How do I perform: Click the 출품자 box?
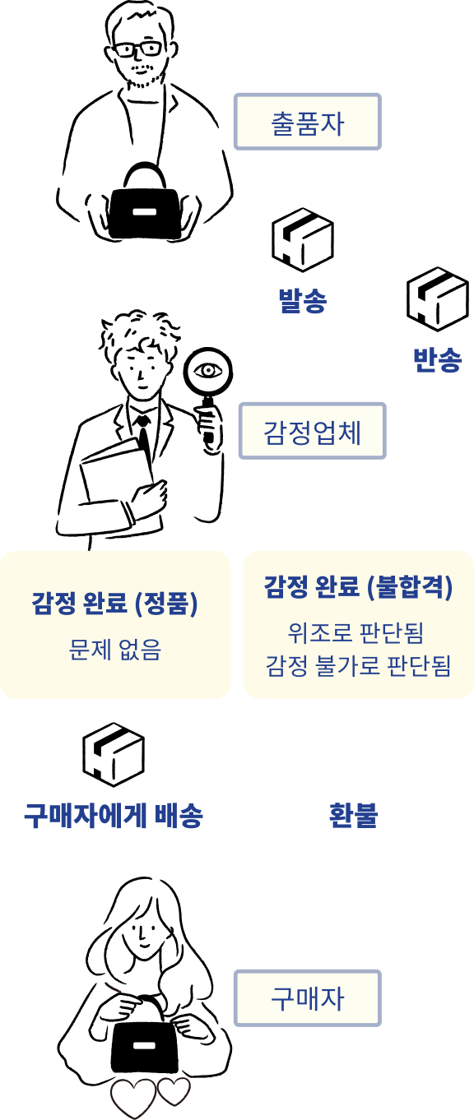[x=307, y=122]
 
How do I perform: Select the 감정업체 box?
[x=312, y=431]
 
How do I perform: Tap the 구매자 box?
[x=307, y=998]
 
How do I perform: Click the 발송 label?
[x=303, y=301]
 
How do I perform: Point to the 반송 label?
[x=437, y=359]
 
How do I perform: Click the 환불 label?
[x=353, y=815]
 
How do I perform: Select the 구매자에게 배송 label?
[x=113, y=815]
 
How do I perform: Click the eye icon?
[x=208, y=371]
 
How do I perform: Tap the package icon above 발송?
[x=303, y=239]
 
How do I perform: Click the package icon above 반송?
[x=438, y=299]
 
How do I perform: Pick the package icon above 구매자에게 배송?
[x=114, y=754]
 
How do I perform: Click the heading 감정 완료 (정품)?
[x=114, y=605]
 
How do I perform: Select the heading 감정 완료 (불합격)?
[x=358, y=587]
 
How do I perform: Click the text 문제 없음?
[x=114, y=650]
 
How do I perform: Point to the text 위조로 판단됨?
[x=355, y=632]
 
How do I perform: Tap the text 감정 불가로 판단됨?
[x=358, y=665]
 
